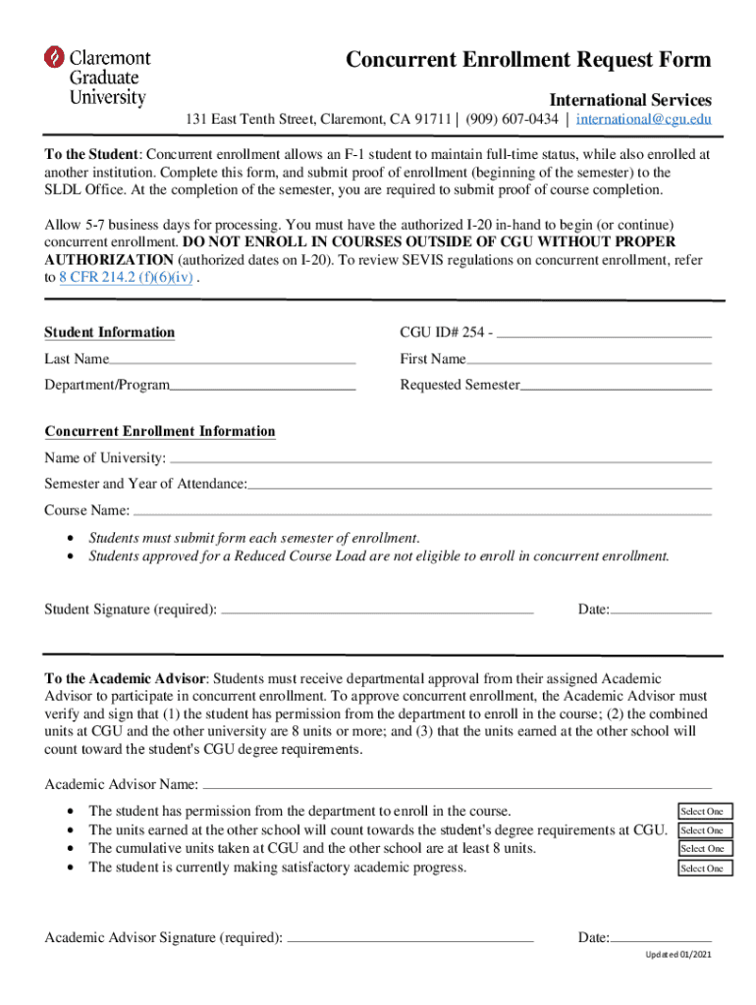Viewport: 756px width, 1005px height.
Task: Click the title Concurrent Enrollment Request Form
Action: [528, 60]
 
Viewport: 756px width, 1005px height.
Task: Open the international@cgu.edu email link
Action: [643, 120]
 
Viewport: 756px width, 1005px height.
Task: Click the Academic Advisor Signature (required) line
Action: [410, 938]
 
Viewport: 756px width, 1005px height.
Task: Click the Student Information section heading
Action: [110, 333]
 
